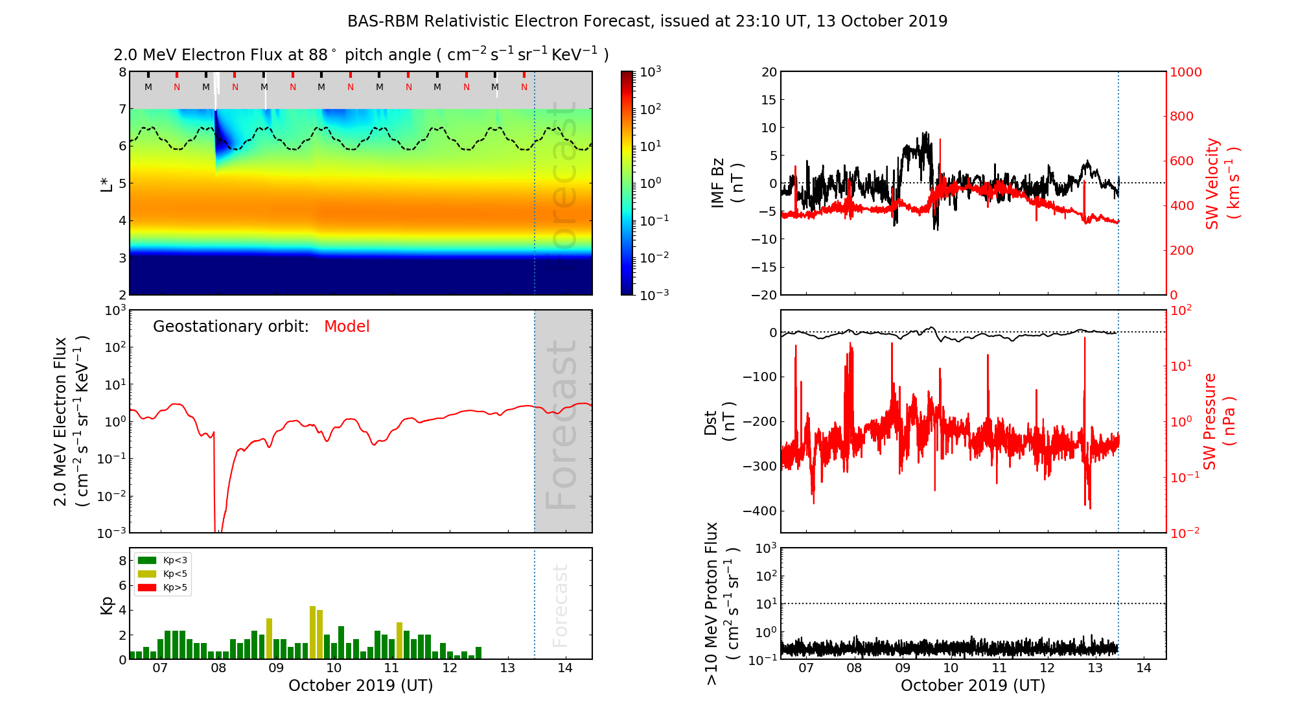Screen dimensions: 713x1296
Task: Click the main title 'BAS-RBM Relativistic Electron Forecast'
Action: click(647, 21)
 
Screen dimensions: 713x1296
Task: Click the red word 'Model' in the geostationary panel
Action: click(347, 327)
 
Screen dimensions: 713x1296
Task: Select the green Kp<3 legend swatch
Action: click(147, 560)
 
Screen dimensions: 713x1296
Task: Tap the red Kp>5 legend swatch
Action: click(147, 588)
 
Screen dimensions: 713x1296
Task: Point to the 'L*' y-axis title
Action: click(106, 183)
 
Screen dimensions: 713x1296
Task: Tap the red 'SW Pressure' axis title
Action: click(1218, 421)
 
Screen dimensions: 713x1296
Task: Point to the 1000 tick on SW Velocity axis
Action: click(1185, 72)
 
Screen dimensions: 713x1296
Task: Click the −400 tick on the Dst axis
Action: click(759, 511)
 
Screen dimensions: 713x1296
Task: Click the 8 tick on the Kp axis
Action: click(122, 561)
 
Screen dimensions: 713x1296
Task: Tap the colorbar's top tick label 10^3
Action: click(650, 71)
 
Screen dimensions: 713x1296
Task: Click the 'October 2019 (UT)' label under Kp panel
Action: click(360, 686)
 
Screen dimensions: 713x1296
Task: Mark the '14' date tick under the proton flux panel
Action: click(1143, 668)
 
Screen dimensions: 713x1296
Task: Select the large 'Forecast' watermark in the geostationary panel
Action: click(561, 425)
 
